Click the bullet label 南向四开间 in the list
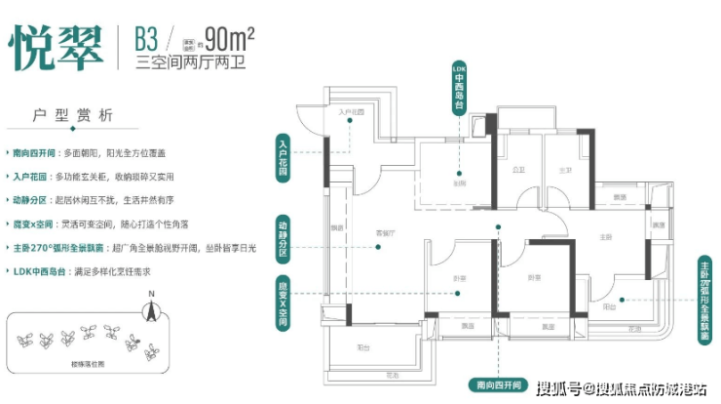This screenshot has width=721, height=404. [x=34, y=154]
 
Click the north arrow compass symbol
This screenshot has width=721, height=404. [x=150, y=310]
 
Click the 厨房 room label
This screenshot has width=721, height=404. [x=458, y=183]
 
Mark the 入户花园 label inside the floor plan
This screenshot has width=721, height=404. [x=350, y=113]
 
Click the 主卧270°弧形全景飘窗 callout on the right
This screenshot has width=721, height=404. [x=704, y=303]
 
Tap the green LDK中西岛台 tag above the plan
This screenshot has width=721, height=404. [x=459, y=86]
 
